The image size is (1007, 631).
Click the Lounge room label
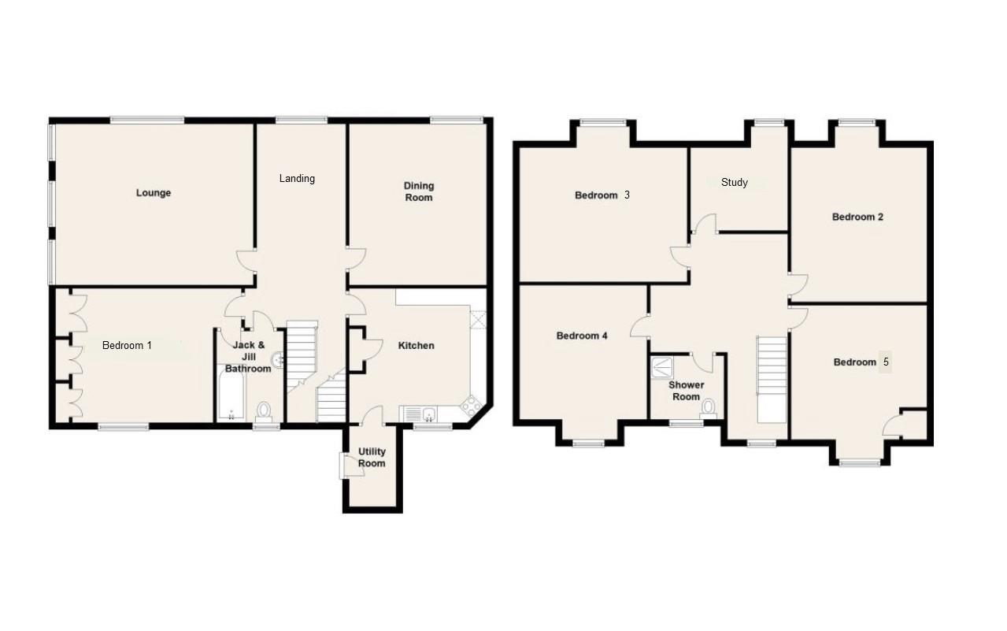[153, 193]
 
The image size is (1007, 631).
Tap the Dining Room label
[419, 192]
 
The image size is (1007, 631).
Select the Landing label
[297, 179]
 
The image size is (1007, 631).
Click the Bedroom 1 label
[127, 345]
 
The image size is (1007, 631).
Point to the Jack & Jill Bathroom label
[248, 357]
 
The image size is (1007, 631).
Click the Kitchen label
[416, 346]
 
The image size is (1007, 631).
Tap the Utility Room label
[372, 458]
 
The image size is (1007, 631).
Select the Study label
[734, 183]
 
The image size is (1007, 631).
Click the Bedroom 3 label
[602, 195]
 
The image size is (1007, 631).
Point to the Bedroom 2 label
[857, 217]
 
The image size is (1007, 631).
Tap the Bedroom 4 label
[582, 336]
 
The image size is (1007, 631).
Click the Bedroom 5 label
[861, 362]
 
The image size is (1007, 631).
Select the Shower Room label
[686, 391]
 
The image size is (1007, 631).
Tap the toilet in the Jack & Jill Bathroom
[265, 410]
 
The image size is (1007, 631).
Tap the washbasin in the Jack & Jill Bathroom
[276, 362]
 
